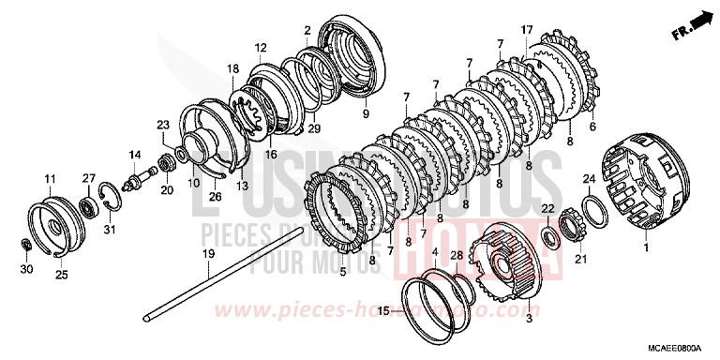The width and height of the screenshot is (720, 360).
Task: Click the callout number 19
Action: click(x=207, y=253)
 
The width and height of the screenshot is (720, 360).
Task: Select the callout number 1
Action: click(x=644, y=247)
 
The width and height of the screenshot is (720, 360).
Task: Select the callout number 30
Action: click(x=27, y=269)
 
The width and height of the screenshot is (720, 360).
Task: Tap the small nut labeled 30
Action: click(x=27, y=246)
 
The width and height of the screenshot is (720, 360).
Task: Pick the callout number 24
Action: click(x=589, y=178)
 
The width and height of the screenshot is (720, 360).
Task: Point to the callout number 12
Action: click(x=261, y=47)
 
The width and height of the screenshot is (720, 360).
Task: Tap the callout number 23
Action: click(x=162, y=124)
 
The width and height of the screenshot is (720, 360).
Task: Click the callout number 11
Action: click(x=49, y=177)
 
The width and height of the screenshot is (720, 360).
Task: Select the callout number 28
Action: click(x=457, y=254)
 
